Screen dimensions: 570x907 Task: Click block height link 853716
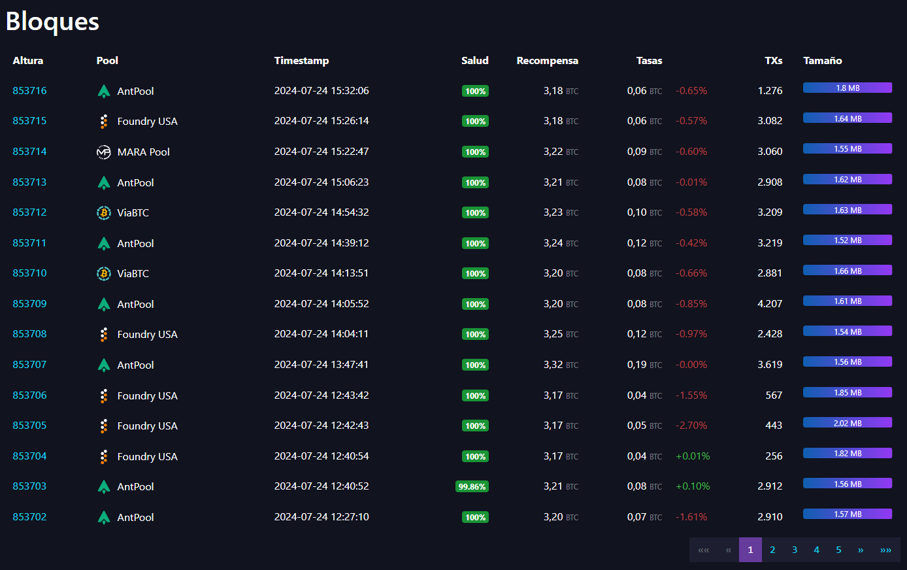pyautogui.click(x=29, y=91)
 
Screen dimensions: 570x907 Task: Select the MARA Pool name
pyautogui.click(x=143, y=152)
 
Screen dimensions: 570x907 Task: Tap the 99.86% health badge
pyautogui.click(x=472, y=486)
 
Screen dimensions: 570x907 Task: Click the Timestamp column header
pyautogui.click(x=301, y=60)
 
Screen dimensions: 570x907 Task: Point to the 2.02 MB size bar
pyautogui.click(x=847, y=423)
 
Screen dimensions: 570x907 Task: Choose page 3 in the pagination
pyautogui.click(x=794, y=550)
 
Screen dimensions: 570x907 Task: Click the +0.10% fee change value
pyautogui.click(x=693, y=486)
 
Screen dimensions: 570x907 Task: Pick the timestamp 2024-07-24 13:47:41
pyautogui.click(x=322, y=365)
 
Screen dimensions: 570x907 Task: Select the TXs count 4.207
pyautogui.click(x=770, y=304)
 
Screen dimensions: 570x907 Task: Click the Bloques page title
pyautogui.click(x=52, y=22)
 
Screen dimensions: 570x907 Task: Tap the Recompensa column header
pyautogui.click(x=547, y=60)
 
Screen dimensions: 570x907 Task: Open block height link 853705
pyautogui.click(x=29, y=426)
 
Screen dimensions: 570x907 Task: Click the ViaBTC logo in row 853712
pyautogui.click(x=103, y=212)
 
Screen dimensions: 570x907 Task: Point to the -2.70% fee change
pyautogui.click(x=691, y=426)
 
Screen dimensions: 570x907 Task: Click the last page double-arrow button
pyautogui.click(x=885, y=550)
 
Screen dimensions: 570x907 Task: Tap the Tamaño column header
pyautogui.click(x=822, y=60)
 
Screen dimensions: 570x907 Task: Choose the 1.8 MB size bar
pyautogui.click(x=847, y=88)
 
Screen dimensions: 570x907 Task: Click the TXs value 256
pyautogui.click(x=774, y=456)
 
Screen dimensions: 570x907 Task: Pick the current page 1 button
pyautogui.click(x=750, y=550)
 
